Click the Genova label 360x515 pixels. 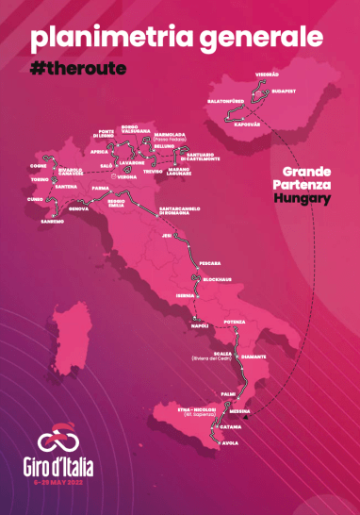pos(79,208)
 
